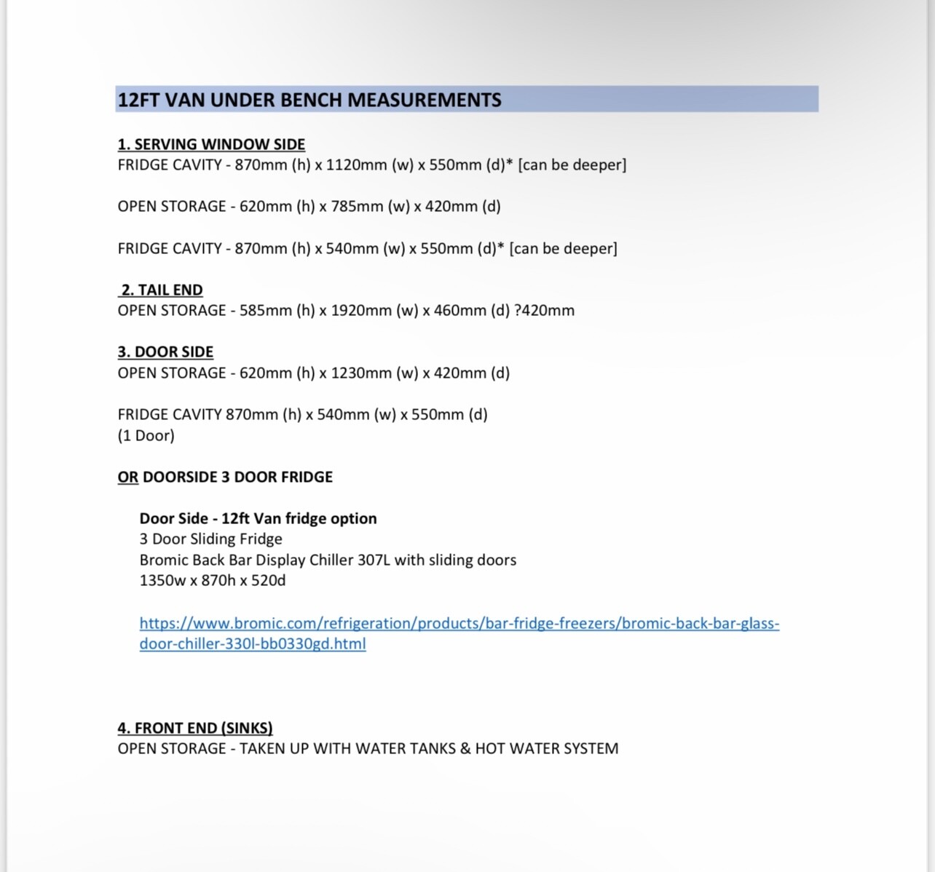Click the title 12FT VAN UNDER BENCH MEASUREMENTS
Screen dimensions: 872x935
(309, 100)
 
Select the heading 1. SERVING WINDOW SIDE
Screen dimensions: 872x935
(211, 144)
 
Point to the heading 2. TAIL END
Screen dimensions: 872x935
(161, 290)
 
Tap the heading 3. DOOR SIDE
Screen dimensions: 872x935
(165, 352)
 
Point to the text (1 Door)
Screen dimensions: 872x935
(146, 436)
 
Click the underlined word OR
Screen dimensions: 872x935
(127, 477)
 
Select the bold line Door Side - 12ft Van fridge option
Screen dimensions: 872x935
(258, 519)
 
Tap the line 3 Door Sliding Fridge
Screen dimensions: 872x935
(210, 539)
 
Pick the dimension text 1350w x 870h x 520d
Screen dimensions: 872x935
(212, 581)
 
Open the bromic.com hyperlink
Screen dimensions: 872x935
(459, 624)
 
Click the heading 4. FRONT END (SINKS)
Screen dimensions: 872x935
(194, 728)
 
